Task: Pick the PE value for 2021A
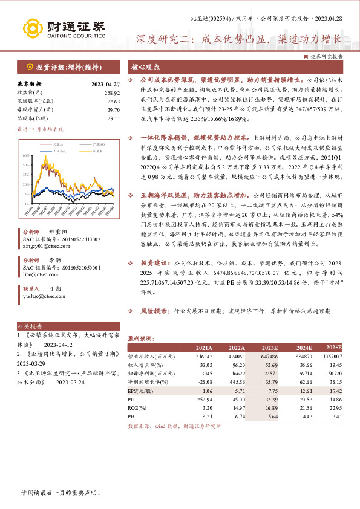point(205,400)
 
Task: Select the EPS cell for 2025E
point(335,391)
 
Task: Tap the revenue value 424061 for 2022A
point(237,357)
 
